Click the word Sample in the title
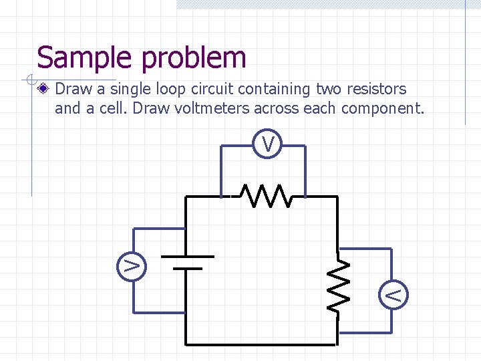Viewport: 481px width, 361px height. pyautogui.click(x=86, y=57)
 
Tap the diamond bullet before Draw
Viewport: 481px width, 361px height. pyautogui.click(x=44, y=89)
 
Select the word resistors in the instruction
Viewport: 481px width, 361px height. pyautogui.click(x=375, y=89)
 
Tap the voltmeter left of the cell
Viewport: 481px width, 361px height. pyautogui.click(x=132, y=265)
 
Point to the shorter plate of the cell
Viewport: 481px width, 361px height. pyautogui.click(x=187, y=268)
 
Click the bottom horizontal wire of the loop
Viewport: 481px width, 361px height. pyautogui.click(x=261, y=344)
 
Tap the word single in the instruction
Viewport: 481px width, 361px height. pyautogui.click(x=128, y=89)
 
